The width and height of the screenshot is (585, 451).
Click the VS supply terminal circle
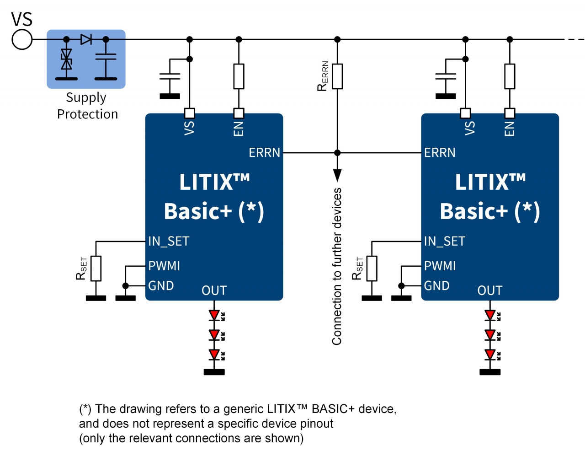pyautogui.click(x=22, y=39)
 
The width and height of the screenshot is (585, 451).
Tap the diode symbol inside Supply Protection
pyautogui.click(x=86, y=39)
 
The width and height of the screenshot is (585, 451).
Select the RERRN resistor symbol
pyautogui.click(x=337, y=76)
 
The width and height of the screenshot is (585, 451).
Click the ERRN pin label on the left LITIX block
pyautogui.click(x=264, y=153)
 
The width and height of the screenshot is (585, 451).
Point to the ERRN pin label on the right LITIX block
pyautogui.click(x=440, y=153)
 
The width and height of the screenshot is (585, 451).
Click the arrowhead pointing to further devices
pyautogui.click(x=337, y=175)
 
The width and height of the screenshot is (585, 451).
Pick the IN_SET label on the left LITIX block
pyautogui.click(x=168, y=241)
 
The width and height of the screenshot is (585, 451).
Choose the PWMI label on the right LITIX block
pyautogui.click(x=440, y=266)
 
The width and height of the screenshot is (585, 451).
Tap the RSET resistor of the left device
pyautogui.click(x=96, y=268)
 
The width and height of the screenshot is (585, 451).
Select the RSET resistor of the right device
pyautogui.click(x=372, y=268)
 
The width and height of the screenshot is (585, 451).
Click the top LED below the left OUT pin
pyautogui.click(x=214, y=315)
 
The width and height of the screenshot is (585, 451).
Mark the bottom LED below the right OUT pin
pyautogui.click(x=490, y=354)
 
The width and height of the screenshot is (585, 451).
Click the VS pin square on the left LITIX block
pyautogui.click(x=190, y=113)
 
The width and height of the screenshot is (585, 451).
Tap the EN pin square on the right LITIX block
pyautogui.click(x=510, y=113)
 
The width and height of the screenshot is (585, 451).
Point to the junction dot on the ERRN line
pyautogui.click(x=337, y=153)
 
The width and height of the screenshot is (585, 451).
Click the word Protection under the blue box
pyautogui.click(x=87, y=114)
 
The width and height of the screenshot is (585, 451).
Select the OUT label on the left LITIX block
pyautogui.click(x=214, y=290)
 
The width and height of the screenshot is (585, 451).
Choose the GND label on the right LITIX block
pyautogui.click(x=436, y=286)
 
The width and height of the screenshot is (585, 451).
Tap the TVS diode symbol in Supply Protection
pyautogui.click(x=66, y=59)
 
